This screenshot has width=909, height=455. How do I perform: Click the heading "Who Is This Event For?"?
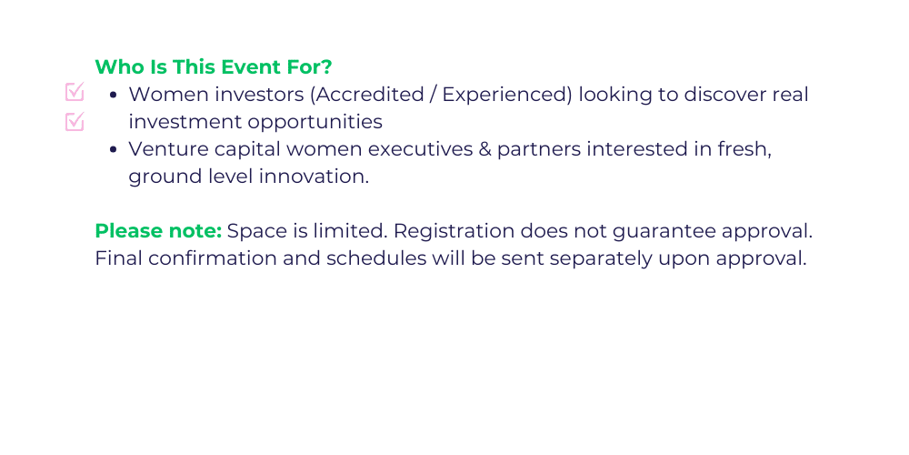[x=214, y=67]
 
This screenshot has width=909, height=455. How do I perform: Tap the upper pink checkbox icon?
[x=75, y=92]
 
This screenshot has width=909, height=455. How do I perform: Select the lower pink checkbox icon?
[x=75, y=121]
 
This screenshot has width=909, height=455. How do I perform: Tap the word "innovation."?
[x=314, y=177]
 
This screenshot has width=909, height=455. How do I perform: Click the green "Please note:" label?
[x=158, y=231]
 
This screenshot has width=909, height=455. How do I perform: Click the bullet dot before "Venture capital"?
[x=114, y=150]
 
